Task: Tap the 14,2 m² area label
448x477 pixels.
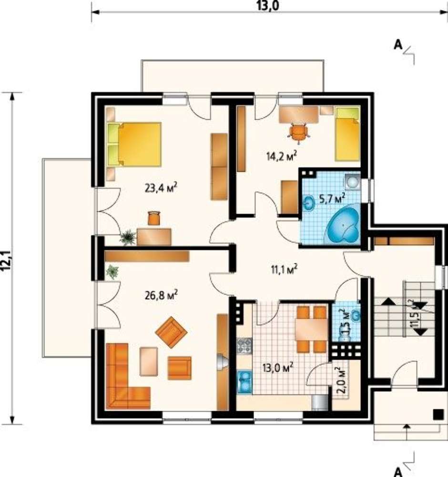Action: pyautogui.click(x=282, y=156)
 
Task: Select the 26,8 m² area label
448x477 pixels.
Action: pyautogui.click(x=162, y=295)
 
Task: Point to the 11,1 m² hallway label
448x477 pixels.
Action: pyautogui.click(x=284, y=269)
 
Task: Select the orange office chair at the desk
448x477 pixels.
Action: pyautogui.click(x=299, y=133)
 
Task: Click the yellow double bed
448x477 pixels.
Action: pyautogui.click(x=134, y=144)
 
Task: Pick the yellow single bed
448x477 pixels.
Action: pyautogui.click(x=348, y=134)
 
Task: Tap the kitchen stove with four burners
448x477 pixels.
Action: pyautogui.click(x=244, y=346)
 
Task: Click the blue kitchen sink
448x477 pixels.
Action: pyautogui.click(x=244, y=380)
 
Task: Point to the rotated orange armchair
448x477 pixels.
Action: pyautogui.click(x=171, y=332)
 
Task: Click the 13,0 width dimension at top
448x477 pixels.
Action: pyautogui.click(x=268, y=6)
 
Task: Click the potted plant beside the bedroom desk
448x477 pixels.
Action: pyautogui.click(x=128, y=237)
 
